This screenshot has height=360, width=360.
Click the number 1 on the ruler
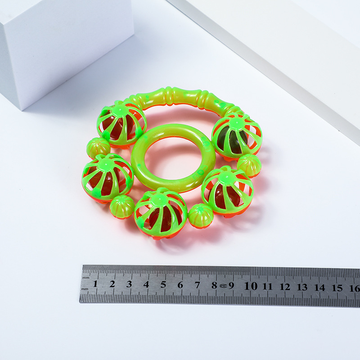pyautogui.click(x=95, y=284)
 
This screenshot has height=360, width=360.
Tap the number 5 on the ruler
pyautogui.click(x=163, y=284)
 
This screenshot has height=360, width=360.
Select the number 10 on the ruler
pyautogui.click(x=251, y=286)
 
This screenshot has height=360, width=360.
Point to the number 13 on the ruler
pyautogui.click(x=302, y=287)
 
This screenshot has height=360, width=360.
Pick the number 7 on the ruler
pyautogui.click(x=198, y=285)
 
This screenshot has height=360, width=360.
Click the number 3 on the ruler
pyautogui.click(x=129, y=284)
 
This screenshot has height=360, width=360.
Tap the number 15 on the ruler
pyautogui.click(x=337, y=288)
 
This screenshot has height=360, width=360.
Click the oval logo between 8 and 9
pyautogui.click(x=223, y=286)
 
